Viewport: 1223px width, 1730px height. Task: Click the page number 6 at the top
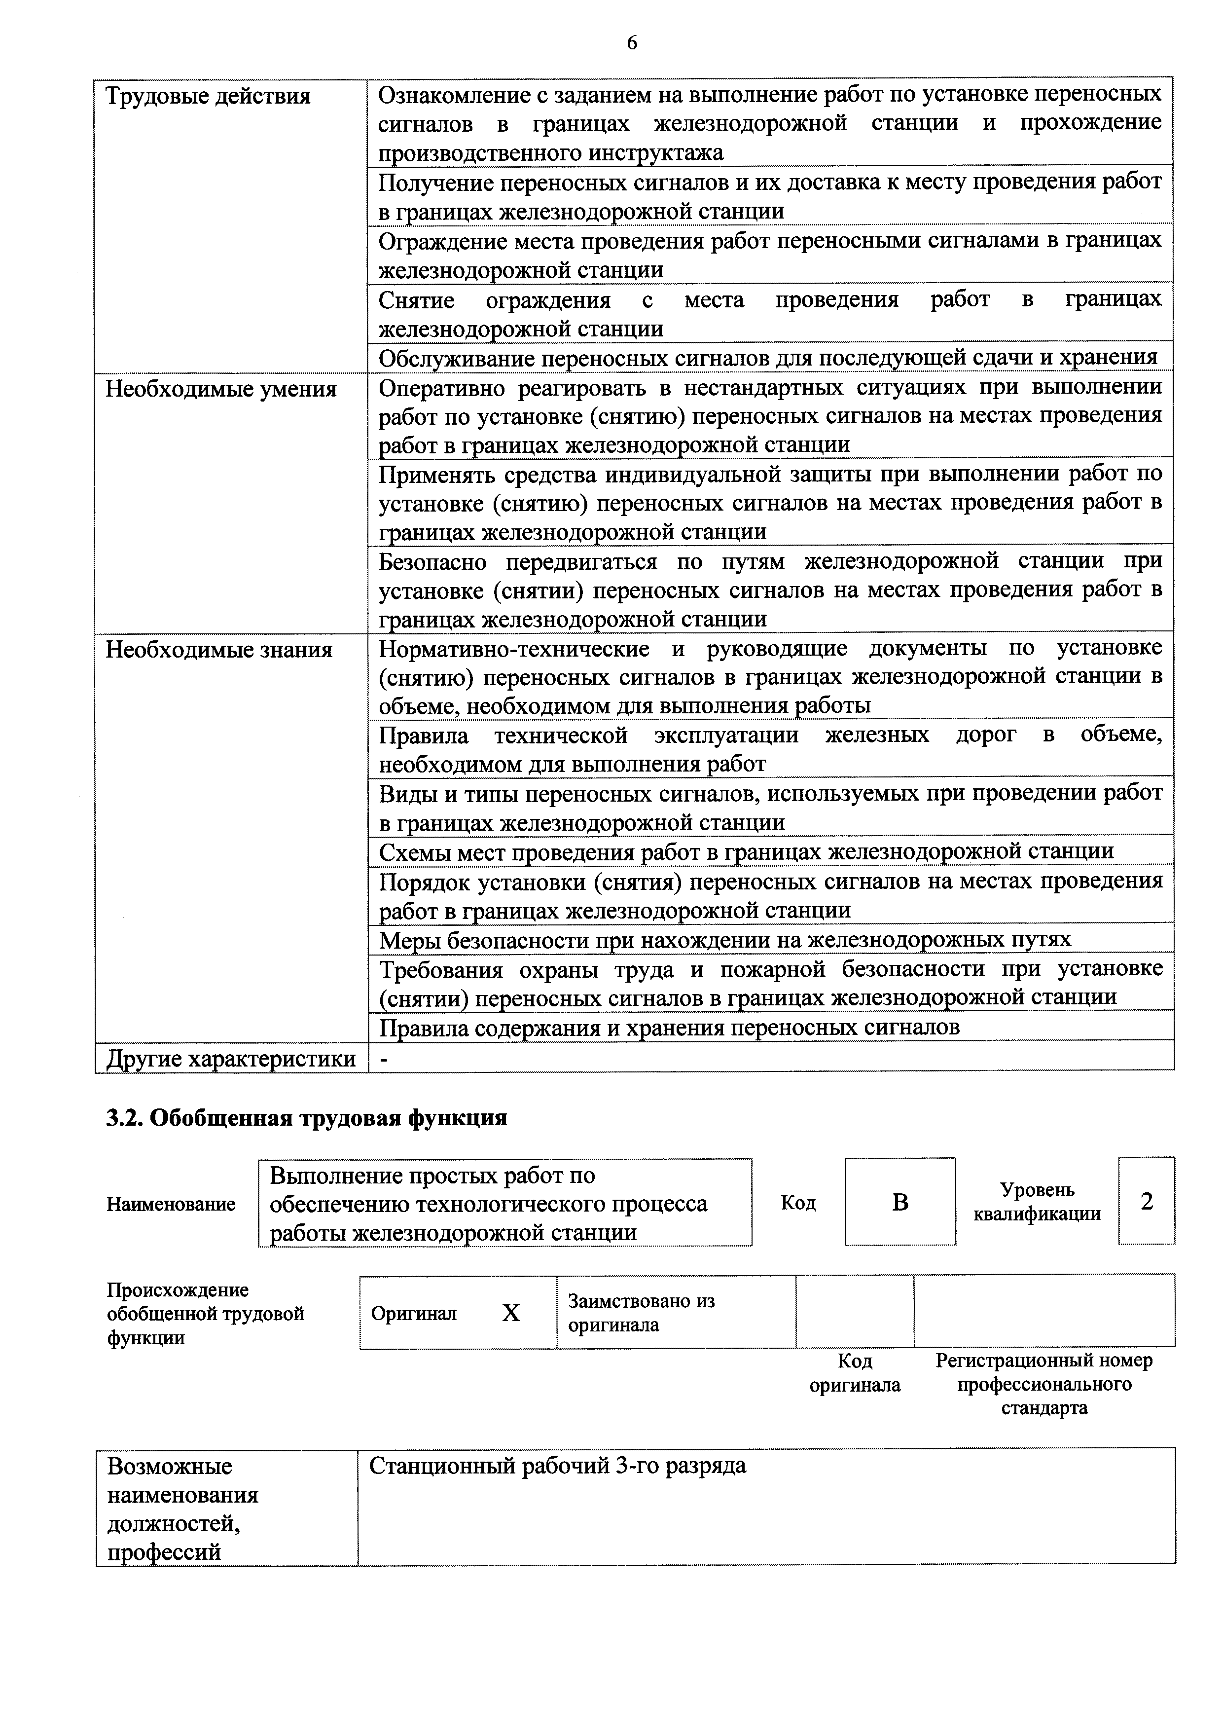[631, 44]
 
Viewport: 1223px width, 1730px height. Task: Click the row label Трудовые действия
[208, 97]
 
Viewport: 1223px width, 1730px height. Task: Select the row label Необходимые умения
[220, 390]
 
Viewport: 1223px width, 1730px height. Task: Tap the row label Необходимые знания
[218, 650]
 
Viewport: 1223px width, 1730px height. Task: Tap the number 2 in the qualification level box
[1146, 1201]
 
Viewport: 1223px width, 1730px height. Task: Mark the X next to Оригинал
[510, 1313]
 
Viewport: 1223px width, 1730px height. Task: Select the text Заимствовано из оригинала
[641, 1313]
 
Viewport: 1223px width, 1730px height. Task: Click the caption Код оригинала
[855, 1373]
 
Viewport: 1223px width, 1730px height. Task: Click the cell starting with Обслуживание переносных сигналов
[767, 357]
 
